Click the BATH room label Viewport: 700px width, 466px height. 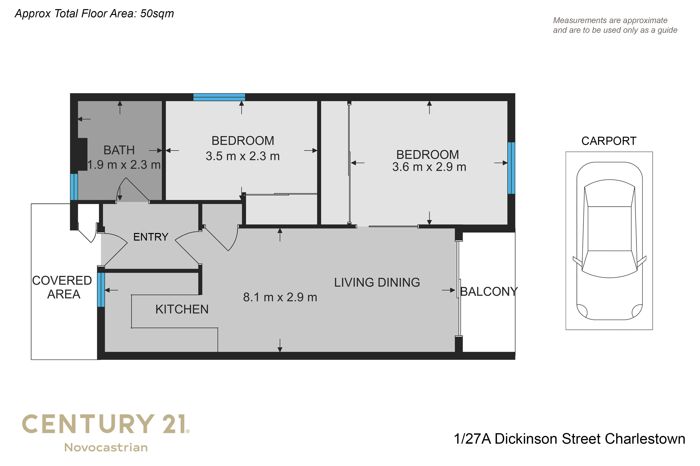tap(119, 150)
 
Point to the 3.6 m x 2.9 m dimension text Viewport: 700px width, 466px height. tap(429, 167)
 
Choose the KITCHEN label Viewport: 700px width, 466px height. tap(182, 309)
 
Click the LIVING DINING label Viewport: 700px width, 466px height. tap(377, 282)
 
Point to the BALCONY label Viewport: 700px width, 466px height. tap(489, 292)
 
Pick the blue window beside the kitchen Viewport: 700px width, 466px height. tap(101, 290)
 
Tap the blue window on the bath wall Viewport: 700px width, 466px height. tap(74, 187)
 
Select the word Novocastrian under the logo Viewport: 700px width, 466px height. tap(106, 448)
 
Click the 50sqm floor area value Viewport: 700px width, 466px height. tap(157, 14)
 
